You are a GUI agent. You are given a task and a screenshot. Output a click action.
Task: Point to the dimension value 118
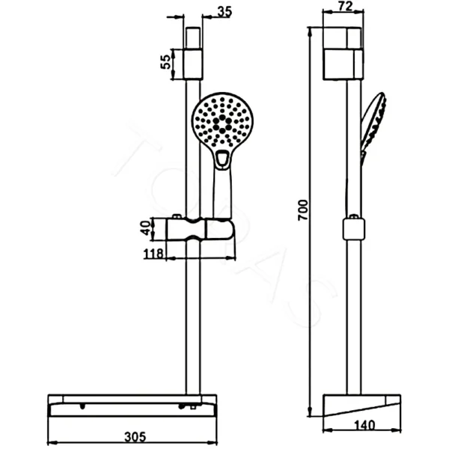[x=153, y=253]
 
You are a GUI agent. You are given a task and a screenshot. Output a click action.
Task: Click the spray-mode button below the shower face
[x=222, y=158]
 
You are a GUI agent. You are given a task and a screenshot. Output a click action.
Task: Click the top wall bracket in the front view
[x=194, y=53]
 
